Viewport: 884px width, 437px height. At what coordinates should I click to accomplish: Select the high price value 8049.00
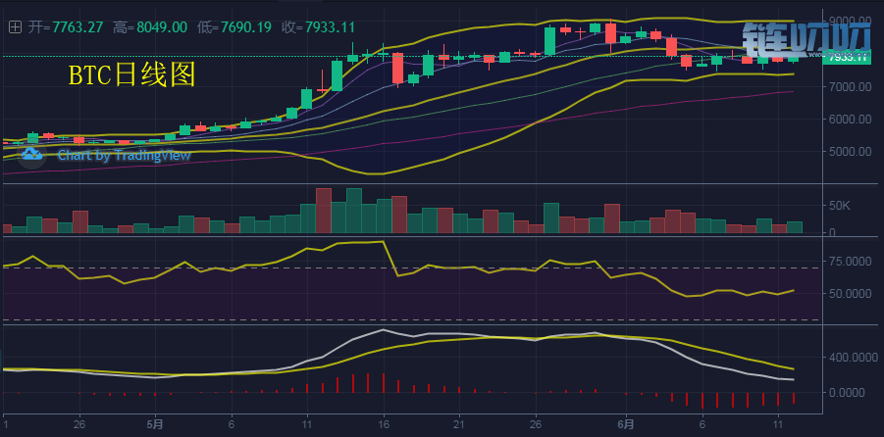coord(163,27)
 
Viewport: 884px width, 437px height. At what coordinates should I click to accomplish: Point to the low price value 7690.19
coord(247,27)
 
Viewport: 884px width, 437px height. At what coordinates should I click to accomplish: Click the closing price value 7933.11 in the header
coord(333,27)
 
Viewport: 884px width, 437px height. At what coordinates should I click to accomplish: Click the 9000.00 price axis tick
coord(850,21)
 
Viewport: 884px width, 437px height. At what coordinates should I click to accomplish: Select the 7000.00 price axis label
coord(850,87)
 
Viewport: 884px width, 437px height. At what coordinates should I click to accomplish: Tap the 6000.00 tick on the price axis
coord(850,120)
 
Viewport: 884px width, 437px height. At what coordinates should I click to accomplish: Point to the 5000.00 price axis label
coord(850,152)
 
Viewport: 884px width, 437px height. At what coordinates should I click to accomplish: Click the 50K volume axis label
coord(842,206)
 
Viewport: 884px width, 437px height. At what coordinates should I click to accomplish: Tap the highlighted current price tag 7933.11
coord(848,57)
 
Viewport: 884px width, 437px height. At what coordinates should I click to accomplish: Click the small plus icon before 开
coord(14,27)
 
